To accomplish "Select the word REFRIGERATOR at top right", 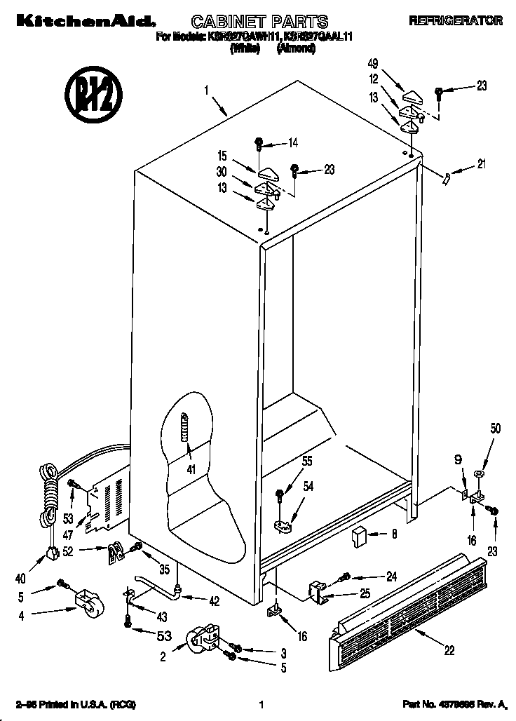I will pyautogui.click(x=456, y=21).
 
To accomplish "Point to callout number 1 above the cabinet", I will pyautogui.click(x=207, y=90).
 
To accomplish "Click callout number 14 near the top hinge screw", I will pyautogui.click(x=292, y=143).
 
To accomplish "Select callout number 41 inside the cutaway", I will pyautogui.click(x=191, y=469).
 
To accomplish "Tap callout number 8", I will pyautogui.click(x=394, y=534).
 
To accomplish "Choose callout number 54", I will pyautogui.click(x=308, y=486).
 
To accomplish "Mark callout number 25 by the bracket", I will pyautogui.click(x=365, y=593).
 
